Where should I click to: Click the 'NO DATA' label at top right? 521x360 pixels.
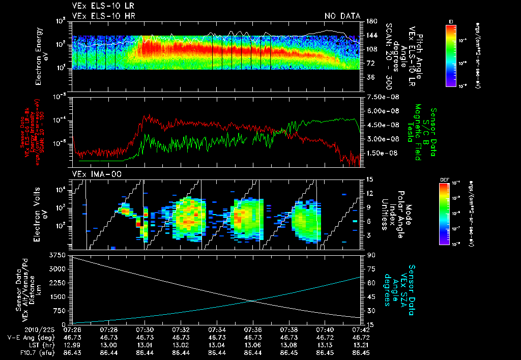click(342, 16)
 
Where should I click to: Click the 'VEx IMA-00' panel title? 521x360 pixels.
click(92, 174)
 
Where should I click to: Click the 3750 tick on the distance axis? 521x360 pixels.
click(57, 254)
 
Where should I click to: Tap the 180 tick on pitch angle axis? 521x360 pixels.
click(371, 21)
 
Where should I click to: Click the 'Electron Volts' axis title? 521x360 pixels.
click(39, 213)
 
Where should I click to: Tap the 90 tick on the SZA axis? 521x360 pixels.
click(370, 255)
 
